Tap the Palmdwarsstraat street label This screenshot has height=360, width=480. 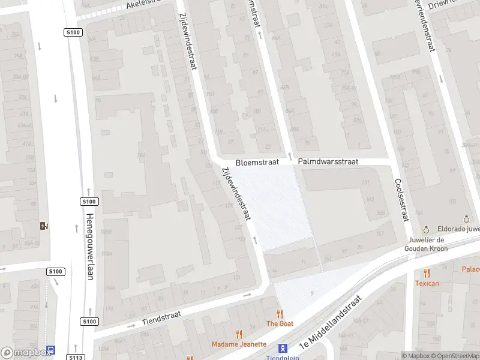coord(328,162)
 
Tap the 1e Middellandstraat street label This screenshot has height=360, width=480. coord(332,323)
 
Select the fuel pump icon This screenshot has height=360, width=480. coord(43,226)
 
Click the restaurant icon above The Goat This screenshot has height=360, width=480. coord(280,313)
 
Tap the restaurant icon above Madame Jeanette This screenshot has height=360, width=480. coord(239,334)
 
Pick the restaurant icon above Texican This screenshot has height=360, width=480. coord(427,273)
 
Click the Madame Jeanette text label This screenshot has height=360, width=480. coord(239,344)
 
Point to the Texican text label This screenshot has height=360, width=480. coord(427,283)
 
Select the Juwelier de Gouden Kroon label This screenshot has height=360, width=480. coord(426,244)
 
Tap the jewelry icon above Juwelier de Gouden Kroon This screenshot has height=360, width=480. coord(426,230)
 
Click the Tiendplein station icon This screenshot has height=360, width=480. coord(283,348)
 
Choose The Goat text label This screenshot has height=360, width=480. coord(280,323)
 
